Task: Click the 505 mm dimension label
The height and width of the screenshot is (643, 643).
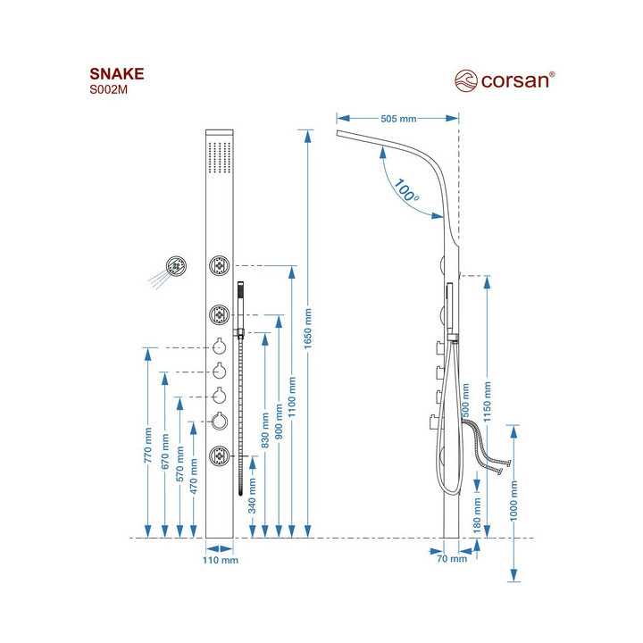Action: (398, 119)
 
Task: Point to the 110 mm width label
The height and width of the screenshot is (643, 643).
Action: (219, 561)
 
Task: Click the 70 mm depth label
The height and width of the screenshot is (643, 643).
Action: (454, 560)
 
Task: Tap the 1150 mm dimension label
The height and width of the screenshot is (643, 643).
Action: (488, 401)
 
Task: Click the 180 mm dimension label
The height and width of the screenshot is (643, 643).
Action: (477, 516)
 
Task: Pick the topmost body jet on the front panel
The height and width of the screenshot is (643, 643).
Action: (220, 265)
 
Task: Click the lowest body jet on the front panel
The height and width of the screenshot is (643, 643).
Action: (220, 457)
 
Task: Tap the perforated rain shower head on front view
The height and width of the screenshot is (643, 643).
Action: (219, 159)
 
